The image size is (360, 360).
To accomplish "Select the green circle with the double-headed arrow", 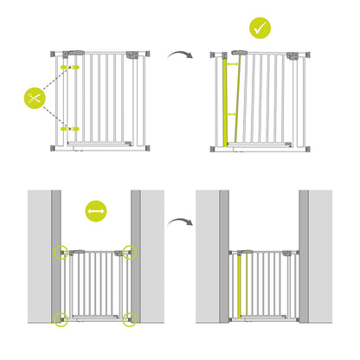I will click(95, 211).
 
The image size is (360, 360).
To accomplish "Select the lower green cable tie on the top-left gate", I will click(70, 126).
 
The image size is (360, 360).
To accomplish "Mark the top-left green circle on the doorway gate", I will click(61, 252).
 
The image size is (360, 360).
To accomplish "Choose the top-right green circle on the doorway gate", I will click(130, 252).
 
